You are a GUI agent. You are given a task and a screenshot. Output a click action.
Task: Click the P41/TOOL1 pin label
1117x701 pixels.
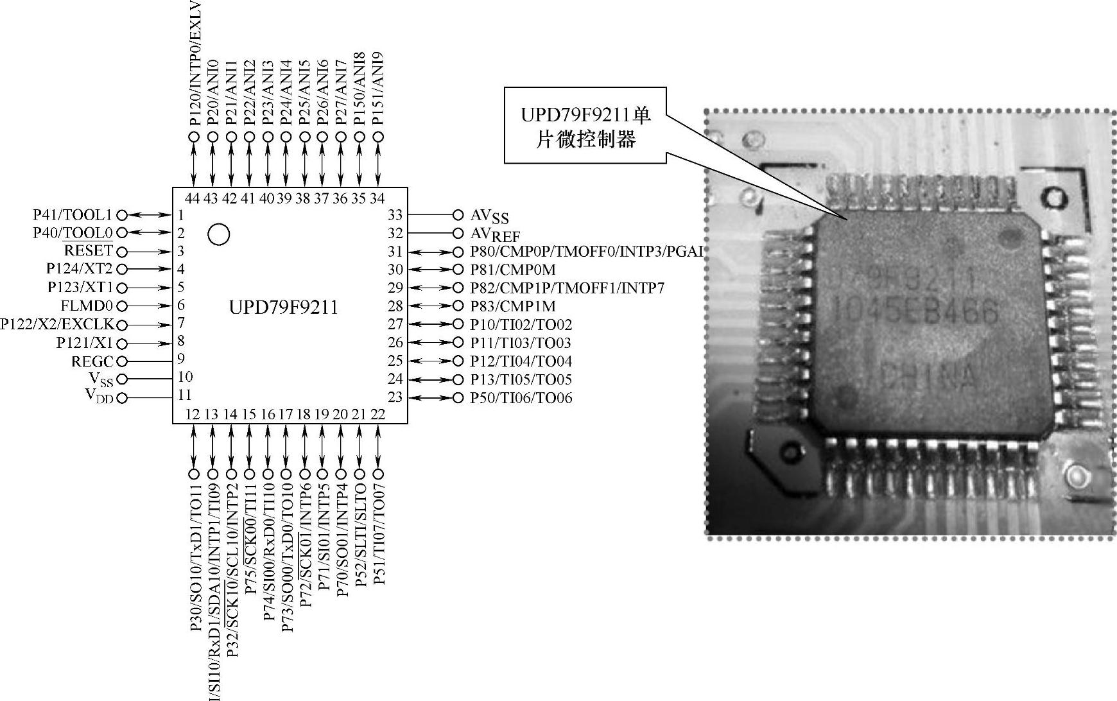point(72,215)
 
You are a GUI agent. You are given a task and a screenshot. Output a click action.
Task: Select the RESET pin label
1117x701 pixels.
point(88,251)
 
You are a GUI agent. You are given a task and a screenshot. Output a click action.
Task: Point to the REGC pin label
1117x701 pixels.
point(92,361)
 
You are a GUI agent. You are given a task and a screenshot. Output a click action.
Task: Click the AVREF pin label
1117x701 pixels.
point(495,234)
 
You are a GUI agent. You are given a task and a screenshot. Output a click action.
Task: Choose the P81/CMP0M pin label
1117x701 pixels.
point(512,270)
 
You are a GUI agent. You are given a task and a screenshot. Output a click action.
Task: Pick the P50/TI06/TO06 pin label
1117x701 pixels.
point(521,398)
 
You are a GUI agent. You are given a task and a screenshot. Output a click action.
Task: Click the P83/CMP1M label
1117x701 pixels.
point(512,306)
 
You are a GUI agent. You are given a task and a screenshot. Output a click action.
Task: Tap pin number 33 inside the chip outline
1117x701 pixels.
point(395,215)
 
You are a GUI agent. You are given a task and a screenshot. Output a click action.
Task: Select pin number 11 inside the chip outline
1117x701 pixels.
point(185,395)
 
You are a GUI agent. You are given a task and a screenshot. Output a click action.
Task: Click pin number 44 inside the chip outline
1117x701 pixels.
point(193,198)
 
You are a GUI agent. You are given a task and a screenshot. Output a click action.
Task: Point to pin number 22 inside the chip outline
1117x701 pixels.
point(378,414)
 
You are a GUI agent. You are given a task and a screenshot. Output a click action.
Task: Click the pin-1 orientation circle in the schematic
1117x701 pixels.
point(219,234)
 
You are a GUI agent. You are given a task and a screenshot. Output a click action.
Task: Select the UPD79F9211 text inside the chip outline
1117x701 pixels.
point(283,307)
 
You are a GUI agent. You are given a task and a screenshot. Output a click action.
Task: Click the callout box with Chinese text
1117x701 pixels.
point(585,126)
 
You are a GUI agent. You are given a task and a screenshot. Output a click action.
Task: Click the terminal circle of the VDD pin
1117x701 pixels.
point(122,398)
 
